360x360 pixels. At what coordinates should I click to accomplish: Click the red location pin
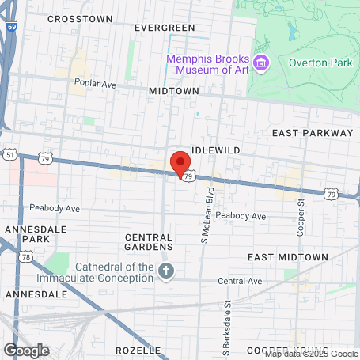pos(180,163)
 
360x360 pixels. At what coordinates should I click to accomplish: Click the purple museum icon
pos(263,63)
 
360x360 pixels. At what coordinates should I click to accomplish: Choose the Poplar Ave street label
pos(94,81)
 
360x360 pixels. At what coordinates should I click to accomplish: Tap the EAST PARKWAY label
pos(313,133)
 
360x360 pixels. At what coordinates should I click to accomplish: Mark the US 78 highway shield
pos(27,256)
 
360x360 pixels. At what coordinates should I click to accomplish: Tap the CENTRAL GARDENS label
pos(148,241)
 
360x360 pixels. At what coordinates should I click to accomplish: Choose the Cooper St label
pos(301,215)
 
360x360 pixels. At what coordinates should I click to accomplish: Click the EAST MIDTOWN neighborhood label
pos(287,257)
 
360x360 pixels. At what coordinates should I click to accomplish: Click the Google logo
pos(26,350)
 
